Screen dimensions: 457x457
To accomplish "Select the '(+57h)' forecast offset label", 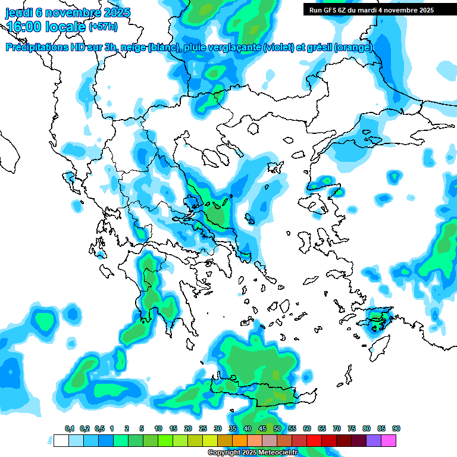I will [104, 27].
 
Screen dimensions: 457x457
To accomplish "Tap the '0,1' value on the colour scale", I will [70, 428].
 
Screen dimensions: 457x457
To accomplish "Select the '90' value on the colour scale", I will [396, 428].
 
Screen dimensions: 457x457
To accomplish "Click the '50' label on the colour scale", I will [277, 428].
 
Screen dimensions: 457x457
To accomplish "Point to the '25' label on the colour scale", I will [203, 428].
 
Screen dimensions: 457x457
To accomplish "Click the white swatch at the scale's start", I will [61, 440].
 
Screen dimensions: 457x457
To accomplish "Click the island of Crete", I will [262, 390].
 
